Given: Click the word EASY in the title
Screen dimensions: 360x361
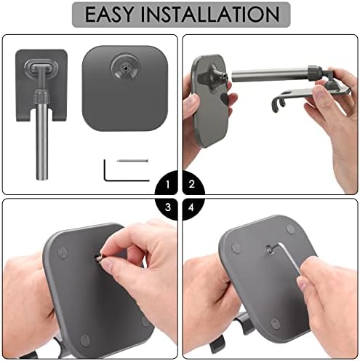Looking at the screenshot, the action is (x=109, y=14).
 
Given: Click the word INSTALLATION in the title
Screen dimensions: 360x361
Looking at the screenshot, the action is (x=210, y=14).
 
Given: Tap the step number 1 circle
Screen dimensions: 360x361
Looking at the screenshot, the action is (x=167, y=185).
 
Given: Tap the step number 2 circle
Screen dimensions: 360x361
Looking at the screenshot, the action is (x=193, y=184).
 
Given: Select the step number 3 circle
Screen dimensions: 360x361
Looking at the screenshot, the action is (x=167, y=208).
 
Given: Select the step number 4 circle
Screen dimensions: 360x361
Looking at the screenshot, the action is (x=193, y=208).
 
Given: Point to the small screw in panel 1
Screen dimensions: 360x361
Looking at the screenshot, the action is (x=132, y=160).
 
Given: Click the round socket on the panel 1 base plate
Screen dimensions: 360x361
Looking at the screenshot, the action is (x=125, y=68).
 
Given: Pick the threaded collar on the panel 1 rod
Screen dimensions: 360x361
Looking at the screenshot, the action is (x=42, y=97).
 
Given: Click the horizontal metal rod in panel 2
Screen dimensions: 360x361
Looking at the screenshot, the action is (x=270, y=76).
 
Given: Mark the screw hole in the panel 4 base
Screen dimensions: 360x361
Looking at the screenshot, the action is (x=269, y=248).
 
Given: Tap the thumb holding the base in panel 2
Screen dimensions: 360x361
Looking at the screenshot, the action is (x=193, y=102).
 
